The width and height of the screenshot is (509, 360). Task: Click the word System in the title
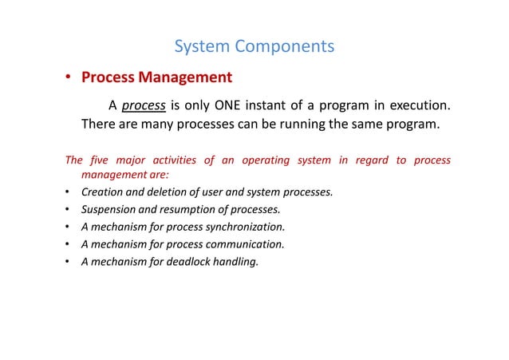coord(200,46)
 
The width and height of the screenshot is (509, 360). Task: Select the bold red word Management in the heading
coord(184,77)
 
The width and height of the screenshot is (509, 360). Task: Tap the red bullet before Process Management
coord(69,78)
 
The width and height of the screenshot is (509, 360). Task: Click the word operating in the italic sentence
coord(266,160)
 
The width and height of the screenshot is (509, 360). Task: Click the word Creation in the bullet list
coord(103,192)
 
